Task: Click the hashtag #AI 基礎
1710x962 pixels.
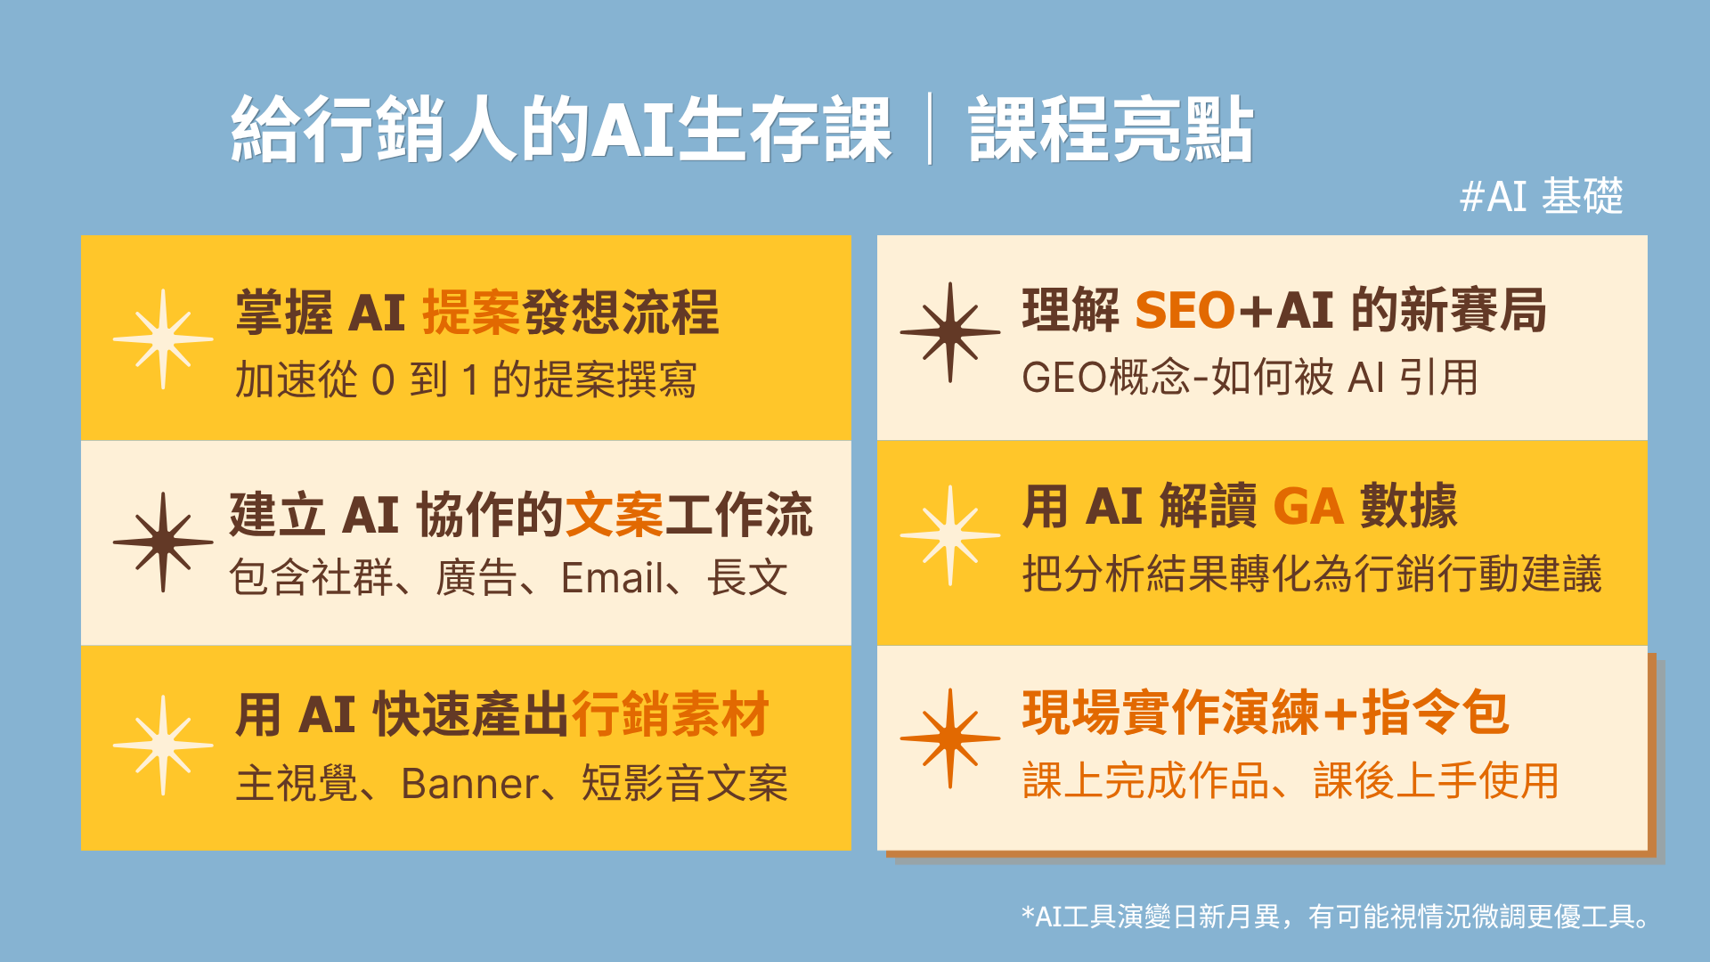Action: coord(1542,196)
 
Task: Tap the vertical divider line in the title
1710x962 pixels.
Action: coord(930,129)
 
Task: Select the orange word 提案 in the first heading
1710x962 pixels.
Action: coord(471,313)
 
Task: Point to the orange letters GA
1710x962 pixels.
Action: coord(1308,507)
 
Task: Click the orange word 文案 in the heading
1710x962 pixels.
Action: coord(615,515)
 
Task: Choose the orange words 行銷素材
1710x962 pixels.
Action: coord(671,714)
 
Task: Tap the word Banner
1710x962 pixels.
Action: coord(469,784)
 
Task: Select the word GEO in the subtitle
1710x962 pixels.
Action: coord(1060,378)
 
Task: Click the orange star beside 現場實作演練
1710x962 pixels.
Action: coord(950,738)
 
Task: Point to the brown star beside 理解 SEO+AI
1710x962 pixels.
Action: coord(950,332)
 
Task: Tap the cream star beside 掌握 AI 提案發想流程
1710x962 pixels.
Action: coord(163,338)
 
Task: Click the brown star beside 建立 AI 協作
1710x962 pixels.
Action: coord(163,542)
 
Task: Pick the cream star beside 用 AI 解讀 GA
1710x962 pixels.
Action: coord(950,535)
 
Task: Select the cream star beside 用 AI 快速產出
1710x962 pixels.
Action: coord(163,745)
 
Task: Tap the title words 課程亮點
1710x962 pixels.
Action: coord(1111,130)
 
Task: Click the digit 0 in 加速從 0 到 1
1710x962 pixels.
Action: coord(383,380)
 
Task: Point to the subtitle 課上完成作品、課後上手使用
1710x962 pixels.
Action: coord(1291,781)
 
